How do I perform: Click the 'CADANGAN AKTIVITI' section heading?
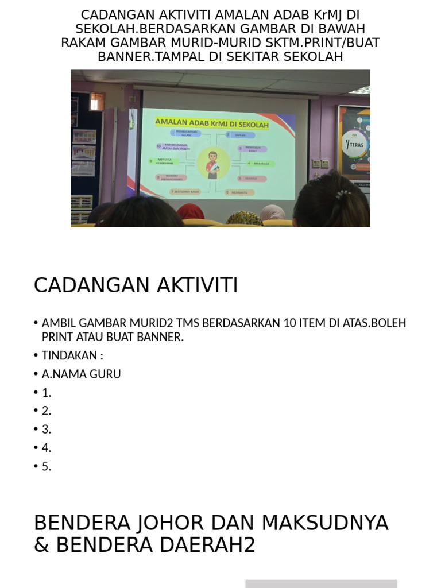[136, 285]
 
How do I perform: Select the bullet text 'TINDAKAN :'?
[72, 355]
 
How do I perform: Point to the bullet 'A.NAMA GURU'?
[81, 374]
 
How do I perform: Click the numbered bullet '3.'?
[47, 429]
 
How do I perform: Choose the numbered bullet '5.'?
[47, 466]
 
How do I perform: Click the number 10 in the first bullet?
[290, 323]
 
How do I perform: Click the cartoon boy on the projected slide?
[212, 164]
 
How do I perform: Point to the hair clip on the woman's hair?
[342, 194]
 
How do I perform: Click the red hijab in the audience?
[191, 212]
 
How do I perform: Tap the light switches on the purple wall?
[320, 164]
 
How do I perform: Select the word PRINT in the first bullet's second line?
[58, 337]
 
